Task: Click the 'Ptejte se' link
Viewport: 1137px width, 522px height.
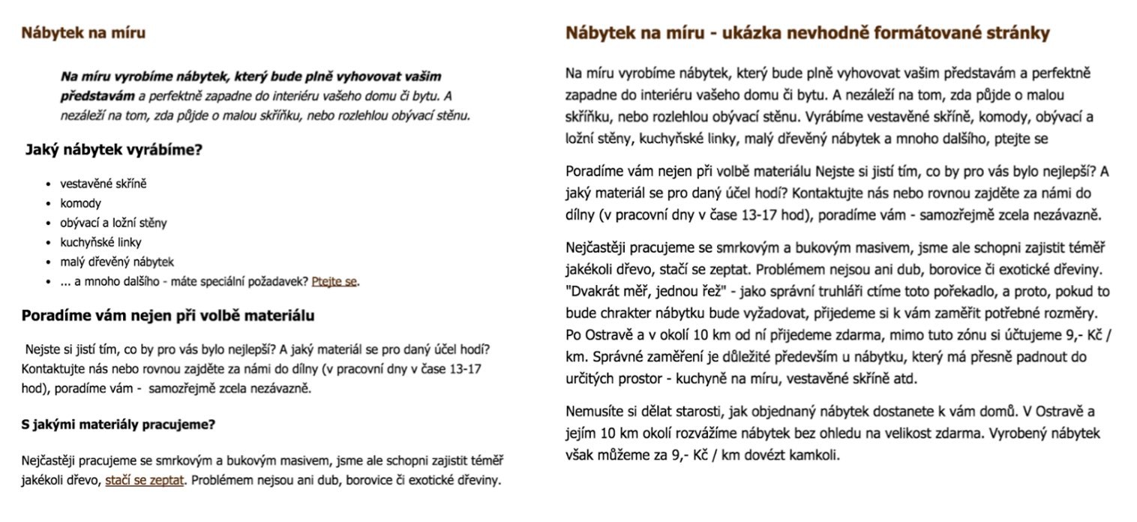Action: coord(334,281)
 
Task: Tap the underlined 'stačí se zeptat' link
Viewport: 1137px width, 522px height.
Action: coord(144,480)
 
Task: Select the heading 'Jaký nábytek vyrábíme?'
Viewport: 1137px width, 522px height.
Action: coord(114,149)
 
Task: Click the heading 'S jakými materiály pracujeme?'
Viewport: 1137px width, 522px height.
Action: coord(118,424)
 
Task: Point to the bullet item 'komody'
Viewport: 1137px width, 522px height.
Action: coord(80,203)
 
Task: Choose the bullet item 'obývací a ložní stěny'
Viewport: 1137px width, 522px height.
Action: coord(113,223)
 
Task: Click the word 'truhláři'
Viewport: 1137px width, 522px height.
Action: coord(802,292)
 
